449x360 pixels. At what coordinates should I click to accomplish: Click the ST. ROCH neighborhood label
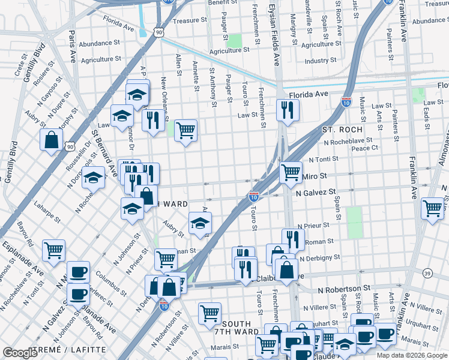(x=342, y=130)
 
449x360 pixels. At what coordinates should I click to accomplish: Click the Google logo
(x=20, y=353)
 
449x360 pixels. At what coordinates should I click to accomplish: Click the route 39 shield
(x=427, y=274)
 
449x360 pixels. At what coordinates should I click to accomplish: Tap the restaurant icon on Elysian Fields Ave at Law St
(x=288, y=110)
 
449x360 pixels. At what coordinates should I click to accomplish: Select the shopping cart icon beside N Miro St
(x=291, y=173)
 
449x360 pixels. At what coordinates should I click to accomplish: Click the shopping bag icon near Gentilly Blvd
(x=52, y=140)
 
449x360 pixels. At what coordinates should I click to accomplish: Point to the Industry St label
(x=321, y=61)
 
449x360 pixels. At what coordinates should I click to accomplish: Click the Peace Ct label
(x=364, y=148)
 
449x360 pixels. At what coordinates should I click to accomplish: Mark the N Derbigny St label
(x=319, y=257)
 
